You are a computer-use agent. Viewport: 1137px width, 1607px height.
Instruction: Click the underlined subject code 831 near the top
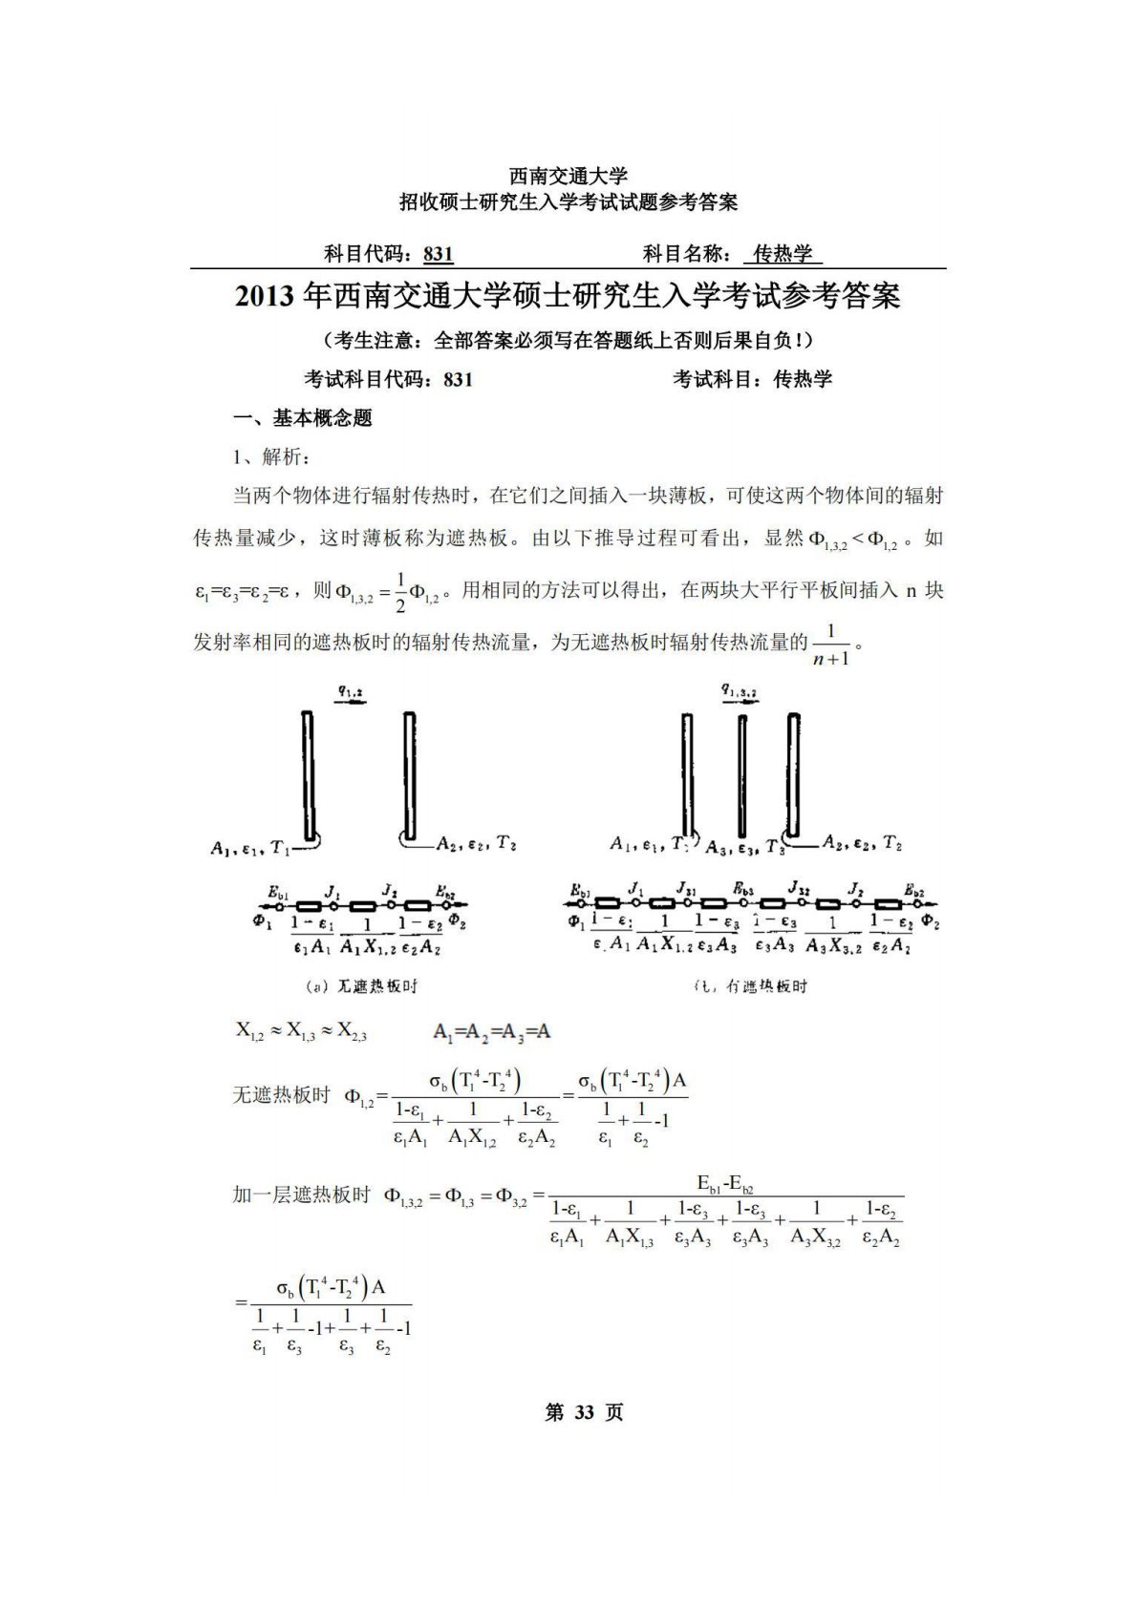click(x=438, y=254)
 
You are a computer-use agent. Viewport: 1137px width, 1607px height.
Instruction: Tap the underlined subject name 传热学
click(x=783, y=254)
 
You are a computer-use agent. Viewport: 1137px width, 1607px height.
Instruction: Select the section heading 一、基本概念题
click(x=303, y=418)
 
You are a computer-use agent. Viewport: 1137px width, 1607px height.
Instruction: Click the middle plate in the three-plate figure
click(x=741, y=774)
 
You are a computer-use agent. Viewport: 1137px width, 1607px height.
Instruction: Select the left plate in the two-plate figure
click(x=308, y=773)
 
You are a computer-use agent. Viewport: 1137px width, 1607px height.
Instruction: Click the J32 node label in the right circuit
click(x=799, y=889)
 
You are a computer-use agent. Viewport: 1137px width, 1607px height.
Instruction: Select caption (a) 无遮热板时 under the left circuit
click(x=361, y=985)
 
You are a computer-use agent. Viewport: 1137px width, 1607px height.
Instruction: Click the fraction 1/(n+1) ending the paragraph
click(x=830, y=645)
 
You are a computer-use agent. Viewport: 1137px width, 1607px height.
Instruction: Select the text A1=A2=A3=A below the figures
click(x=491, y=1031)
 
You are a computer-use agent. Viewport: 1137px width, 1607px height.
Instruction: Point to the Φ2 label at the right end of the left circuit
click(x=458, y=922)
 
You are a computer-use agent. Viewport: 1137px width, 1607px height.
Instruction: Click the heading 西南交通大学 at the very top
click(x=568, y=176)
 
